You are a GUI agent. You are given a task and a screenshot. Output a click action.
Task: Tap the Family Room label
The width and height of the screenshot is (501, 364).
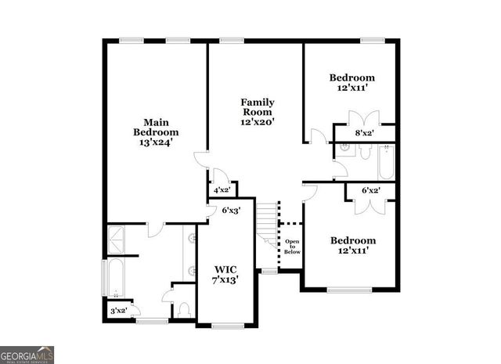click(257, 112)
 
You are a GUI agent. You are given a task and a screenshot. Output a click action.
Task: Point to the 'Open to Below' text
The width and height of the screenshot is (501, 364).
click(292, 247)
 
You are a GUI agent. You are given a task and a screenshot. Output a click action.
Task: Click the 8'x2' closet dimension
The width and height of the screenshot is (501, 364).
click(364, 134)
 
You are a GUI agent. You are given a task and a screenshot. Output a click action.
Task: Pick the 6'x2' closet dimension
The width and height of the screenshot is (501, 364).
click(370, 190)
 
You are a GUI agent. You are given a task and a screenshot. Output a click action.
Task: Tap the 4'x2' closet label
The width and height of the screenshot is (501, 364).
click(222, 189)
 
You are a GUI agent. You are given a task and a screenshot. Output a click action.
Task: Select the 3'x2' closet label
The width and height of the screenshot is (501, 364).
click(119, 311)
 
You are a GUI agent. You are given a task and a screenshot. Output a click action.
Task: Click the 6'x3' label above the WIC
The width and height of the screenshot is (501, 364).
click(230, 210)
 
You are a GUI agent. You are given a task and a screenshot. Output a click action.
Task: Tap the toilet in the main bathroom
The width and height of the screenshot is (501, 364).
click(185, 310)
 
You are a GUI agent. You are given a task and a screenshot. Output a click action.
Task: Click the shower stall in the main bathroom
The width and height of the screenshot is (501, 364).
click(117, 238)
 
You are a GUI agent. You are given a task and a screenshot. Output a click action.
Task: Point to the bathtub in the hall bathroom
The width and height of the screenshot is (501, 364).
click(386, 162)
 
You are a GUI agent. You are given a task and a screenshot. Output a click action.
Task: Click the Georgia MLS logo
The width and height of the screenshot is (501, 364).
click(27, 355)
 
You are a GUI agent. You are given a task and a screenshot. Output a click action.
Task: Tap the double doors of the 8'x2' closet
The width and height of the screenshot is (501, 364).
click(364, 121)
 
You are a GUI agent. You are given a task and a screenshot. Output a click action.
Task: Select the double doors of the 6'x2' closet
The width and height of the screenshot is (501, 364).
click(369, 204)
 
